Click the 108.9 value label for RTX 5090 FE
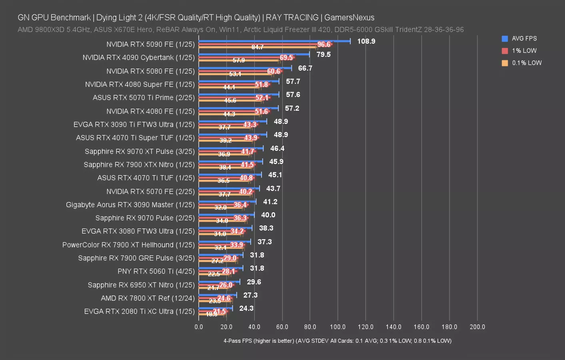pos(366,41)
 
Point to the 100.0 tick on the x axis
pos(337,327)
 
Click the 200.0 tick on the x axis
pos(477,327)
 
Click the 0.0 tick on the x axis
pos(199,327)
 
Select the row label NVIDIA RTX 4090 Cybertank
pos(138,58)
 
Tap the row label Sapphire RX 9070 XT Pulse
pos(140,151)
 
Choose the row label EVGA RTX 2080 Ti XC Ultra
pos(139,311)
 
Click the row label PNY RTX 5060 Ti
pos(156,271)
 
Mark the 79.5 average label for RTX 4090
pos(323,54)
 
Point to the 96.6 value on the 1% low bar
pos(324,44)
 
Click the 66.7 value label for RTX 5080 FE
pos(305,68)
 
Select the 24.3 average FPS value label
pos(246,308)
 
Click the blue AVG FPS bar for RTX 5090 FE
pos(274,41)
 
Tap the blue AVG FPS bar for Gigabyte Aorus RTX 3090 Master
pos(227,201)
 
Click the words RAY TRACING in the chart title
pos(292,18)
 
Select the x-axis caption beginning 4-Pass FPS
pos(337,341)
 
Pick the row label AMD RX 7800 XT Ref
pos(148,298)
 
